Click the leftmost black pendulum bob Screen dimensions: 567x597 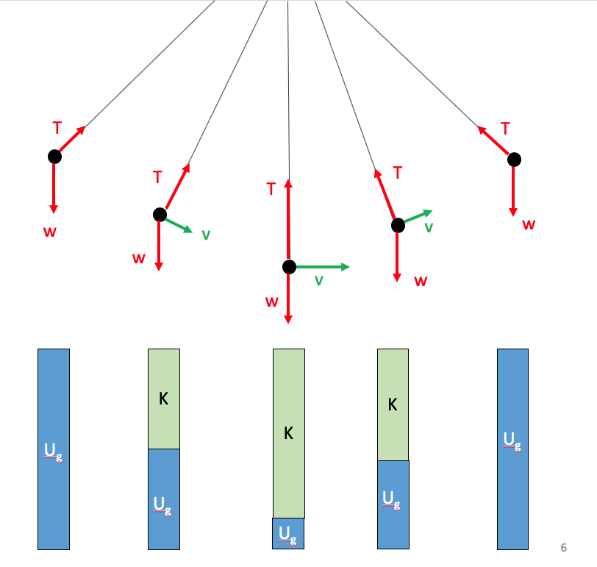[54, 157]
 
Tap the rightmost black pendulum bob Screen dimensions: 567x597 [514, 160]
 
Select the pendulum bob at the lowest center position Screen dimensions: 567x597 [289, 267]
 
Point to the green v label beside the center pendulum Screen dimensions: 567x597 [319, 281]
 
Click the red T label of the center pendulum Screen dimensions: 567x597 [271, 190]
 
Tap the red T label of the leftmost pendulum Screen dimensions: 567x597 [57, 128]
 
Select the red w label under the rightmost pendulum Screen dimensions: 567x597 [529, 224]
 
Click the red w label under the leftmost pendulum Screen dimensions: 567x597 [50, 232]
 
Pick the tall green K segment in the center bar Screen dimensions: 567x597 [288, 433]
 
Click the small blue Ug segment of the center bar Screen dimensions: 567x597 [288, 533]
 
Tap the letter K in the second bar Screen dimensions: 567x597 [163, 399]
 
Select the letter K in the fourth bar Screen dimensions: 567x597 [393, 404]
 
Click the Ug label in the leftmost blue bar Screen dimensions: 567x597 [53, 451]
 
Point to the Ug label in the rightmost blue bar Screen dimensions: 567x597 [512, 441]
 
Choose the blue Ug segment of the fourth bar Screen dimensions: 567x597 [393, 504]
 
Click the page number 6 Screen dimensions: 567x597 [564, 547]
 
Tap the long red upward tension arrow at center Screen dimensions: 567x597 [288, 221]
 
